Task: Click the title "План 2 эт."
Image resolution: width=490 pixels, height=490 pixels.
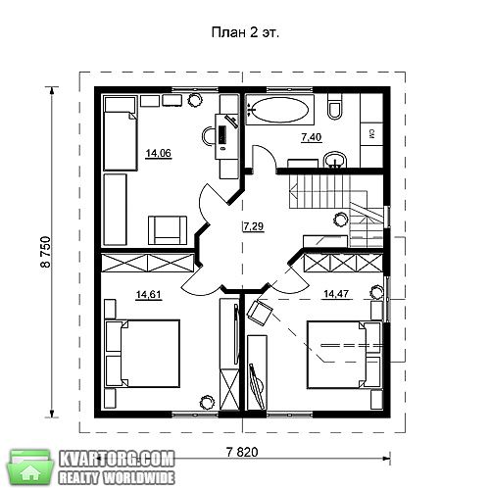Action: click(245, 33)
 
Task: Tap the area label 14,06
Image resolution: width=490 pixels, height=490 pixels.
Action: click(159, 153)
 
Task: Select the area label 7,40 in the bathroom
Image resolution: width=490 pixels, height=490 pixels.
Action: click(312, 137)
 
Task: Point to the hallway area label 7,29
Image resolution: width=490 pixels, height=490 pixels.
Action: click(254, 226)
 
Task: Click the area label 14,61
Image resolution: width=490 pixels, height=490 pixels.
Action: click(149, 295)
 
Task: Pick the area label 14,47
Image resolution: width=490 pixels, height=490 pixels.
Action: click(336, 294)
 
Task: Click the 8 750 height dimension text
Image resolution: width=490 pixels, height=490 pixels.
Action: click(46, 252)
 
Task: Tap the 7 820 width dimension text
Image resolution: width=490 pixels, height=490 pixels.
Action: click(242, 452)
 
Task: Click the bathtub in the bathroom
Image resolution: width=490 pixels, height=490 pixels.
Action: click(279, 110)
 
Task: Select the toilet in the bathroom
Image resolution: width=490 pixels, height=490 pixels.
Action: click(335, 107)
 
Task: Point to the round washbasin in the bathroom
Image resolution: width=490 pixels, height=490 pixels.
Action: click(335, 160)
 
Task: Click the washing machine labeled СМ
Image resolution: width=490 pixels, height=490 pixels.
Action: click(371, 134)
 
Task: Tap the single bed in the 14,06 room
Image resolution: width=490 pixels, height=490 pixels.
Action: click(120, 133)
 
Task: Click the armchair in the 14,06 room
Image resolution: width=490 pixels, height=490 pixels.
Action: click(168, 230)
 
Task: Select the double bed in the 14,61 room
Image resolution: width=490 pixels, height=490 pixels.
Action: click(142, 354)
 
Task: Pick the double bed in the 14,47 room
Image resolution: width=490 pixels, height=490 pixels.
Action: click(344, 355)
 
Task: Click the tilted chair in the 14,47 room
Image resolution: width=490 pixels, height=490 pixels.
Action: click(260, 313)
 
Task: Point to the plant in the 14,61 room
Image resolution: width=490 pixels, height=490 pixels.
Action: click(207, 402)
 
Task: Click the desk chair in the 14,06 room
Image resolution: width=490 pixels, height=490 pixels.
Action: click(208, 135)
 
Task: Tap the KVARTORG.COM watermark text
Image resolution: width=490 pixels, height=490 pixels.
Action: click(117, 460)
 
